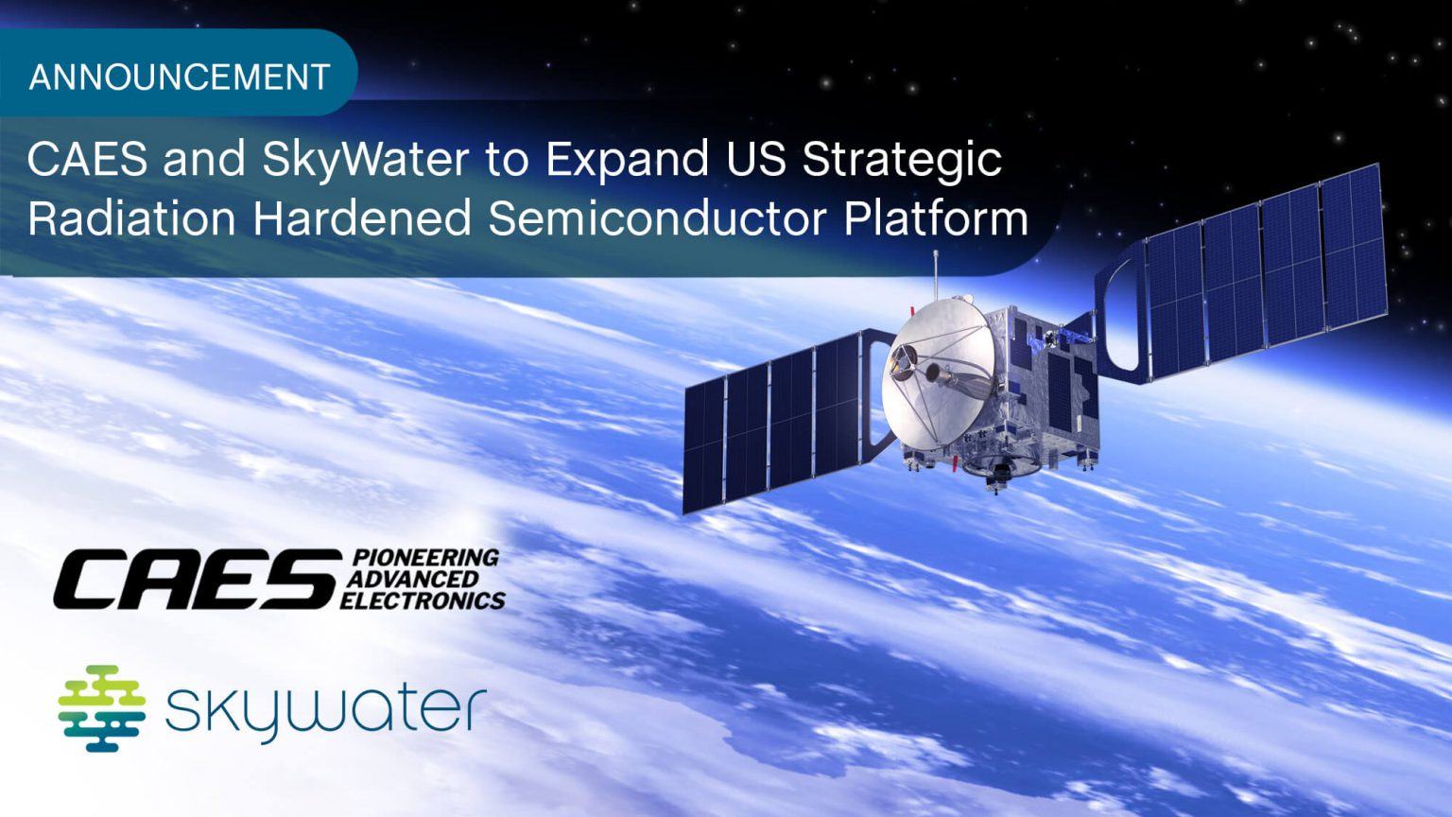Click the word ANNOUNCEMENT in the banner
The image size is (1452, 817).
click(180, 76)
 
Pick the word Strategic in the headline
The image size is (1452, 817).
click(902, 159)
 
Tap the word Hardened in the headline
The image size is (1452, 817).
click(362, 218)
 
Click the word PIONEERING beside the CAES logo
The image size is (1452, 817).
click(424, 557)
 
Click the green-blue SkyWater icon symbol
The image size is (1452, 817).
click(101, 707)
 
